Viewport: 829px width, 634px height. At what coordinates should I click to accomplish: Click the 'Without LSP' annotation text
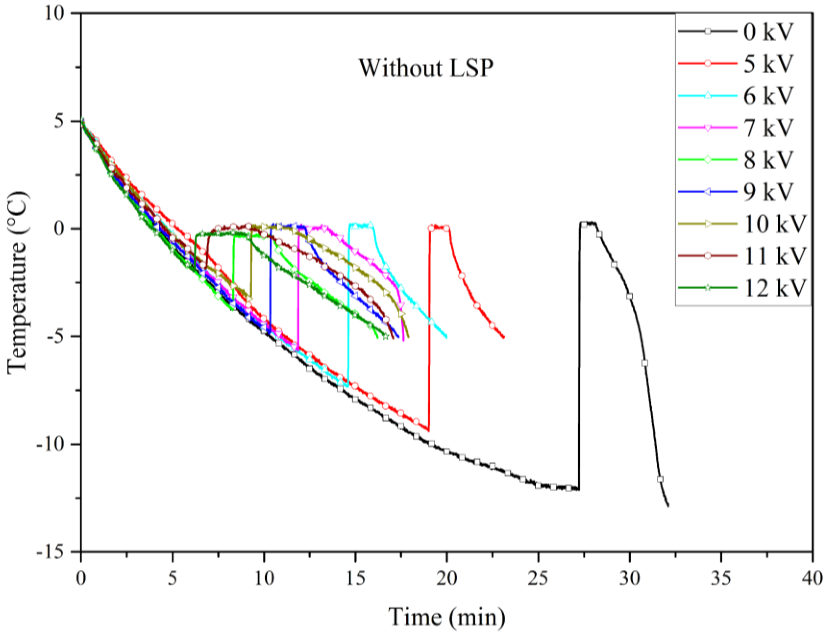pos(426,68)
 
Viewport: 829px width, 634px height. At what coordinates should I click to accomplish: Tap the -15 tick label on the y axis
pos(55,552)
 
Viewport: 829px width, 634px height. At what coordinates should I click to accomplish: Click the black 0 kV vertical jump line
pos(579,359)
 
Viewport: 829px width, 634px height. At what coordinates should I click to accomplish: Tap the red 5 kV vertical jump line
pos(429,332)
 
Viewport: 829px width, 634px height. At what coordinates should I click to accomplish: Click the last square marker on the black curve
pos(660,480)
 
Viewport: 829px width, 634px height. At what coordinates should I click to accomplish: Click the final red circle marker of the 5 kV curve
pos(492,325)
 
